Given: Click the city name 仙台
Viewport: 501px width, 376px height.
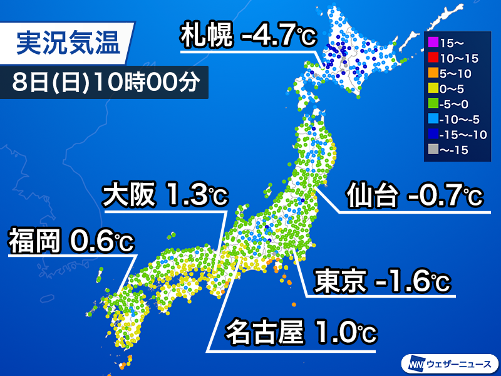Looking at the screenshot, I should (x=371, y=197).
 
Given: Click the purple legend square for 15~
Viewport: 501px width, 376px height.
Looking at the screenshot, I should (x=431, y=44).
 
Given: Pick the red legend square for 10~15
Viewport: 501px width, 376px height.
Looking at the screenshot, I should (x=431, y=59).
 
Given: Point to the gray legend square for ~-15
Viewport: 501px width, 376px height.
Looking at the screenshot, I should (x=431, y=150).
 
